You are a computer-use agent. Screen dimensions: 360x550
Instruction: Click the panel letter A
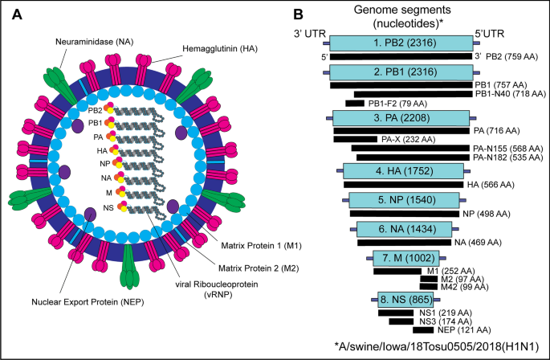click(x=14, y=14)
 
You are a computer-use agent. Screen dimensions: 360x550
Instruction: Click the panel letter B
click(x=298, y=14)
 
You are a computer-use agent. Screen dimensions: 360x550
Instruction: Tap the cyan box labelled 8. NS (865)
click(x=403, y=300)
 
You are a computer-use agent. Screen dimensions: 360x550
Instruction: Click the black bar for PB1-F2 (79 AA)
click(x=355, y=104)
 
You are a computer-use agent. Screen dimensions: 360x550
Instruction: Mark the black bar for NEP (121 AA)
click(x=424, y=329)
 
